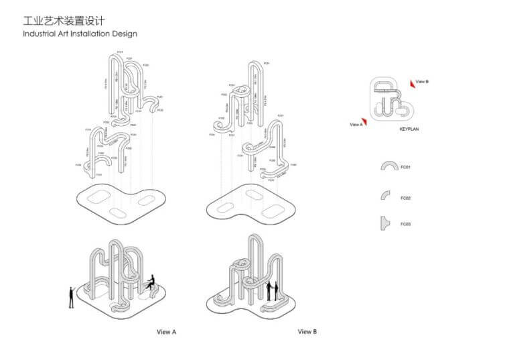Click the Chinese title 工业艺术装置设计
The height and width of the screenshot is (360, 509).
[x=63, y=21]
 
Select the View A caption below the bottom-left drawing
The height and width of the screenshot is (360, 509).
[x=166, y=332]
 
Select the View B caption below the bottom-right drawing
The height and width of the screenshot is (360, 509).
[x=307, y=332]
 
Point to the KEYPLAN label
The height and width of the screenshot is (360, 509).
[x=409, y=128]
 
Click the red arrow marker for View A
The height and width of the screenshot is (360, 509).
[x=366, y=123]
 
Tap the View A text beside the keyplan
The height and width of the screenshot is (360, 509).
[x=355, y=124]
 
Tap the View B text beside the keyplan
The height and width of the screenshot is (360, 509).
[x=422, y=81]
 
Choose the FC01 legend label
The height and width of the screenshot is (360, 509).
[x=405, y=167]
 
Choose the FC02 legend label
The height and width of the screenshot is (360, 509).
[x=405, y=198]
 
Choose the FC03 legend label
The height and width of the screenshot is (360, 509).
[x=405, y=224]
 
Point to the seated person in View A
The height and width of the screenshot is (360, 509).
[x=152, y=283]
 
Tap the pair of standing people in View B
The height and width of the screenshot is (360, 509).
[x=272, y=290]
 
